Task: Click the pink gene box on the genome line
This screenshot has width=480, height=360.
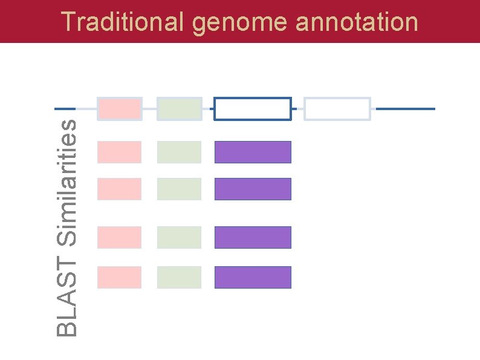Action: (x=120, y=109)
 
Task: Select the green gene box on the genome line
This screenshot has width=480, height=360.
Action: (x=180, y=109)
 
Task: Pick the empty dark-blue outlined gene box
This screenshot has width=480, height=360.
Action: (x=253, y=109)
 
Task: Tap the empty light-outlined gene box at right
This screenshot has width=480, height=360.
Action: (x=337, y=109)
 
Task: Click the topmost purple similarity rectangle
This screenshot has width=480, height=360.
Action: (x=253, y=152)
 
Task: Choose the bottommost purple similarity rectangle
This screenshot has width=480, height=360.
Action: (x=253, y=277)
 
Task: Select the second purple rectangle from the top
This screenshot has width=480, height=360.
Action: (x=253, y=189)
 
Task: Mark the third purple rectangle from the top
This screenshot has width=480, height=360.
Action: (x=253, y=237)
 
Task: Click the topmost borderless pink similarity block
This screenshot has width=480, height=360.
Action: (x=120, y=152)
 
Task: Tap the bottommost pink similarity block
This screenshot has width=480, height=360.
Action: (x=120, y=277)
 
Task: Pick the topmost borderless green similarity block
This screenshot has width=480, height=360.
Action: (x=180, y=152)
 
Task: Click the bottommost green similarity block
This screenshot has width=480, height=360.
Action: (x=180, y=277)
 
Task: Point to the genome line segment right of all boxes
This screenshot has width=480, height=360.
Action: (x=406, y=109)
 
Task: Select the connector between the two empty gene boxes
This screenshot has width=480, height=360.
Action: (x=297, y=109)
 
